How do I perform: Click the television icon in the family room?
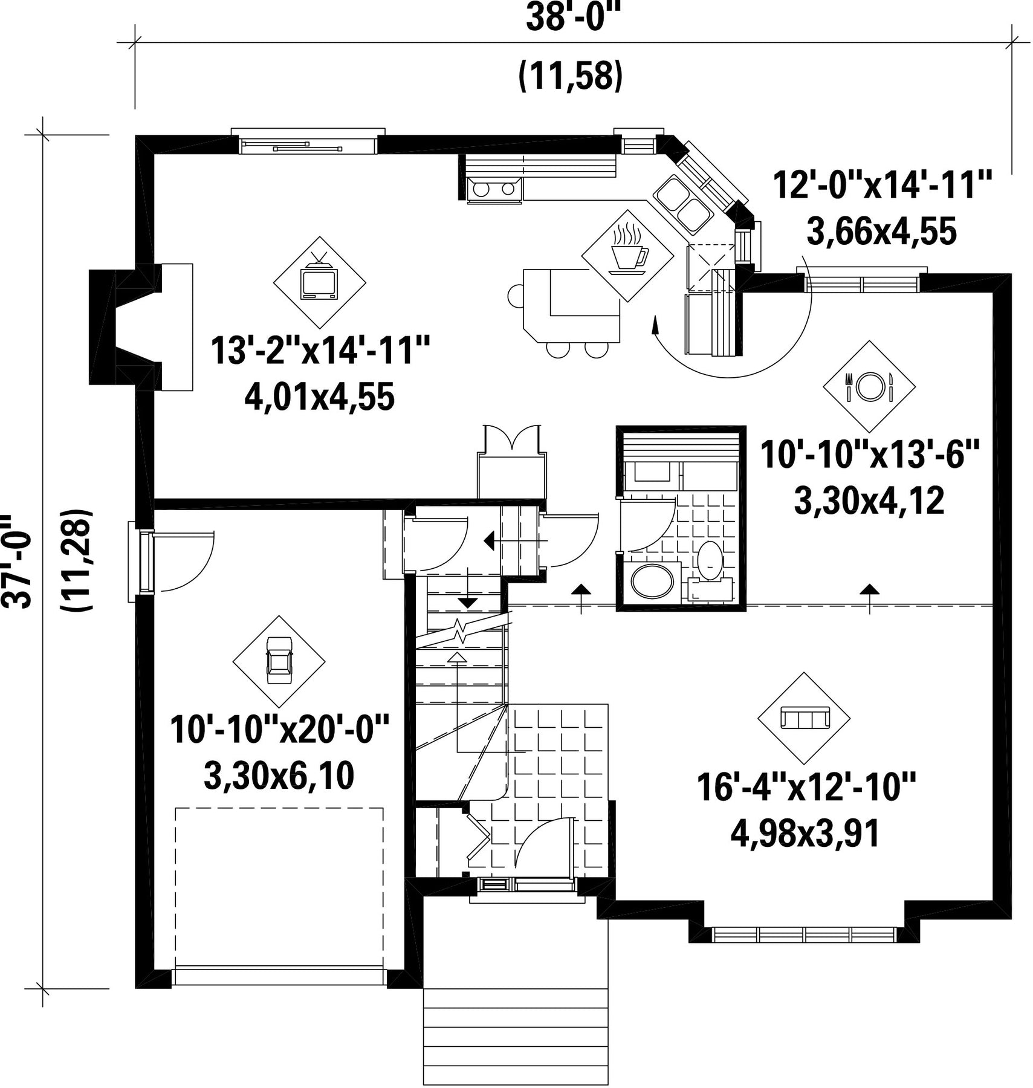pyautogui.click(x=319, y=280)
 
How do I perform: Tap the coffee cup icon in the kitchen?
pyautogui.click(x=627, y=255)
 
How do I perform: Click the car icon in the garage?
pyautogui.click(x=279, y=661)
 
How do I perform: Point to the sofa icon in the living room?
pyautogui.click(x=804, y=718)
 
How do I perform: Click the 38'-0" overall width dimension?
pyautogui.click(x=573, y=18)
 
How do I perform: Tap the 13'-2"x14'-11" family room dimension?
pyautogui.click(x=320, y=351)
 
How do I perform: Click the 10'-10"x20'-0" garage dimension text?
pyautogui.click(x=279, y=730)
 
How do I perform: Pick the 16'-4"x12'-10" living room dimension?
pyautogui.click(x=806, y=786)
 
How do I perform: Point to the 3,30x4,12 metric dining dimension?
pyautogui.click(x=869, y=501)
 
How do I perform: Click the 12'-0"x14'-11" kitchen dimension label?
pyautogui.click(x=882, y=184)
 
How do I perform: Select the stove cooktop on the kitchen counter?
pyautogui.click(x=494, y=189)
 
